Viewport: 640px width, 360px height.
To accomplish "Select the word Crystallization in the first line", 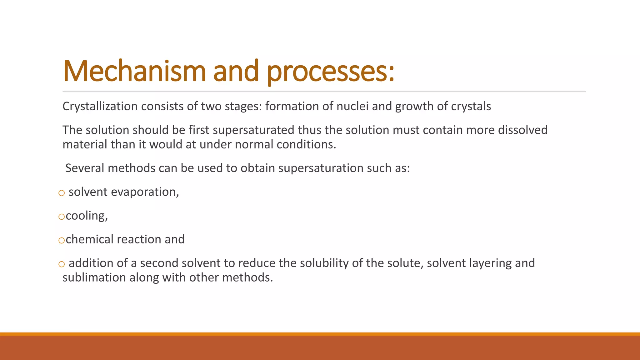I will (100, 107).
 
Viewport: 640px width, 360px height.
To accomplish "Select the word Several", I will (85, 168).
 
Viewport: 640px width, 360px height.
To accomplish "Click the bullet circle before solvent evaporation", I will (62, 193).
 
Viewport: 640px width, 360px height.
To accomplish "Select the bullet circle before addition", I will (62, 264).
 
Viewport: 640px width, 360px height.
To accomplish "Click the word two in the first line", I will (211, 107).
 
